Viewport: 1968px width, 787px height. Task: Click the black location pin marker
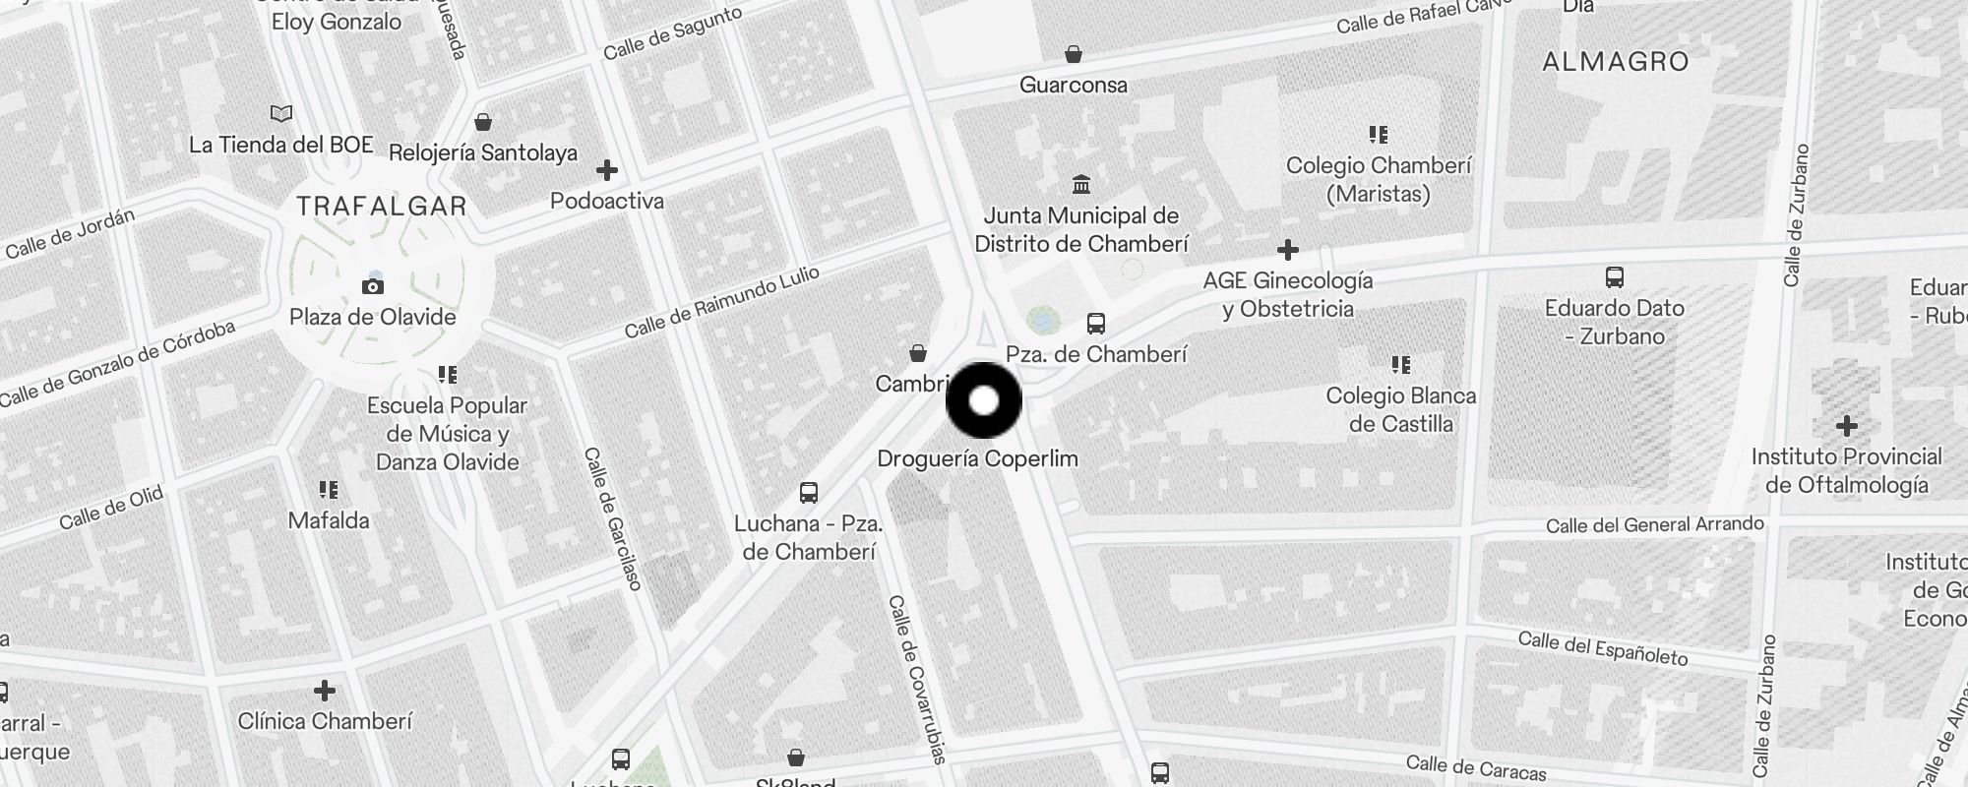click(984, 400)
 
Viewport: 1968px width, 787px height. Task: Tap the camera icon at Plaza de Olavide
click(373, 286)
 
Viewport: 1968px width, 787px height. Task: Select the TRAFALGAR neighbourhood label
click(382, 206)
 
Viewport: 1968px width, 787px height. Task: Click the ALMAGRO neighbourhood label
click(1616, 62)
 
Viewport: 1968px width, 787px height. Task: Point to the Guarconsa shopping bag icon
click(1074, 54)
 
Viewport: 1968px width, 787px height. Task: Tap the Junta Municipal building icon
click(1081, 185)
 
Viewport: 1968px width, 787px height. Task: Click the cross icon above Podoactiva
click(607, 170)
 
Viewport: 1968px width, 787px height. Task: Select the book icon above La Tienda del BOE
click(281, 114)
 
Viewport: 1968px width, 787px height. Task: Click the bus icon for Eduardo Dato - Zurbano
click(1615, 277)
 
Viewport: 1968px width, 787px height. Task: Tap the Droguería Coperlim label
click(977, 458)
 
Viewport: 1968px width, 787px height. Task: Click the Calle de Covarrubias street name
click(917, 679)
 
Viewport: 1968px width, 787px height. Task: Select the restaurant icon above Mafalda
click(329, 490)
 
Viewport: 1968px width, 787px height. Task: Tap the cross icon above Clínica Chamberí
click(325, 691)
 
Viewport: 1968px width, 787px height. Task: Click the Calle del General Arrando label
click(1654, 525)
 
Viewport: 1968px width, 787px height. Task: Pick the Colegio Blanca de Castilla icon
click(1401, 366)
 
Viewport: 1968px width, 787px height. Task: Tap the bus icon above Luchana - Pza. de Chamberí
click(809, 493)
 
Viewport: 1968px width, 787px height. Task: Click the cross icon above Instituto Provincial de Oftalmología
click(1846, 426)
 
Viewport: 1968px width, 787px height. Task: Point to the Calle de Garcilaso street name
click(612, 518)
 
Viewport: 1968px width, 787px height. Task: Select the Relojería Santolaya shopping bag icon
click(483, 122)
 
